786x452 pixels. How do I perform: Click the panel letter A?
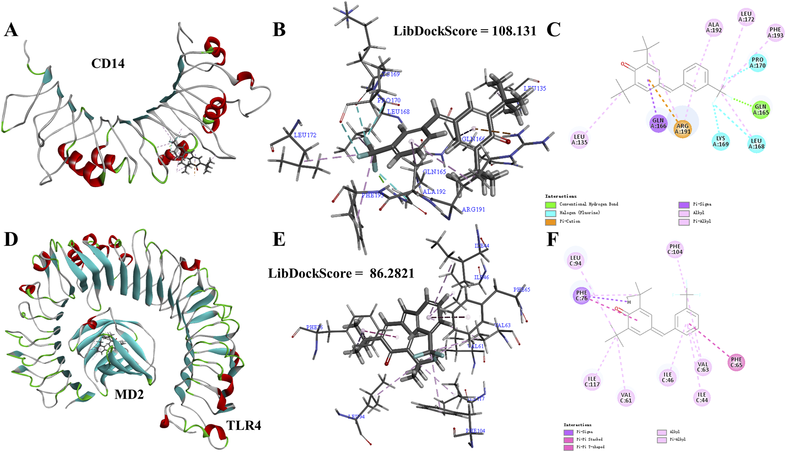point(11,30)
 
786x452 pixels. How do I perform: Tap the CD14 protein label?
point(108,63)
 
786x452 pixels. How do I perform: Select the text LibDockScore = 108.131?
point(464,31)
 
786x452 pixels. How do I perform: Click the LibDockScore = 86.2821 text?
point(341,273)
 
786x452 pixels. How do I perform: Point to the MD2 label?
point(129,394)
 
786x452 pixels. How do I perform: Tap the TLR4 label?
point(244,425)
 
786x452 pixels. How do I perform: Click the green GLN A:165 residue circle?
point(760,110)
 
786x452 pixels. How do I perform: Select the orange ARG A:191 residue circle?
point(682,129)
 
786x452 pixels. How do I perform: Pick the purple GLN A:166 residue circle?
point(658,123)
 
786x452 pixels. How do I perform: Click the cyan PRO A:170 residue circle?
point(757,63)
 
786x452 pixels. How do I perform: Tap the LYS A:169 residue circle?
point(720,141)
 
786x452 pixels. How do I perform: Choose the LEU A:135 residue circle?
point(579,139)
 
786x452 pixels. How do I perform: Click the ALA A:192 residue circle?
point(714,28)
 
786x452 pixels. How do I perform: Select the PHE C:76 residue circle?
point(582,295)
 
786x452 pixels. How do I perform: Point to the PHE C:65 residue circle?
point(736,362)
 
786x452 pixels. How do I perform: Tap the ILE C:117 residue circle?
point(592,381)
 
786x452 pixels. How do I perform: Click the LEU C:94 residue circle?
point(575,260)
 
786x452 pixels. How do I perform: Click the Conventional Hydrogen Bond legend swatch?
point(550,204)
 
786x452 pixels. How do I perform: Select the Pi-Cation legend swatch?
point(550,222)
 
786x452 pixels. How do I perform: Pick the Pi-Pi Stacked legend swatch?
point(568,440)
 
